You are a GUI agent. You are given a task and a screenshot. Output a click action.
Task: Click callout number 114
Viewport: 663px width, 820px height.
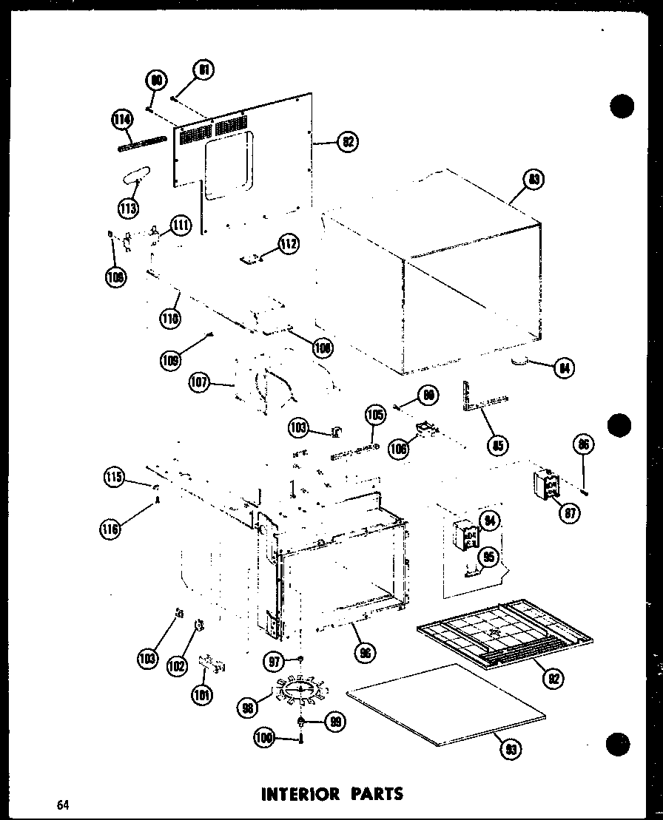click(123, 118)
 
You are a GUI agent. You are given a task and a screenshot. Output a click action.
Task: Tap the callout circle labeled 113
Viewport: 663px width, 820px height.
click(129, 208)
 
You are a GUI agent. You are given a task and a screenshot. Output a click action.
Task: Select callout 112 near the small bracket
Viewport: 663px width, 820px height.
click(289, 243)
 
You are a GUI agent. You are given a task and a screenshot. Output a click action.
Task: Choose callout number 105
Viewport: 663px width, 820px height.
click(375, 416)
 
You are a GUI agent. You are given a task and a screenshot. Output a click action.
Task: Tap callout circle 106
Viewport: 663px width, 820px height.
click(399, 448)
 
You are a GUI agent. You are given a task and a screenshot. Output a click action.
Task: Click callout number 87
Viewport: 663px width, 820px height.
click(569, 511)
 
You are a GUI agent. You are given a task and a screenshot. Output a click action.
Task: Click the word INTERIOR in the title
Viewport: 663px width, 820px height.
click(300, 795)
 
